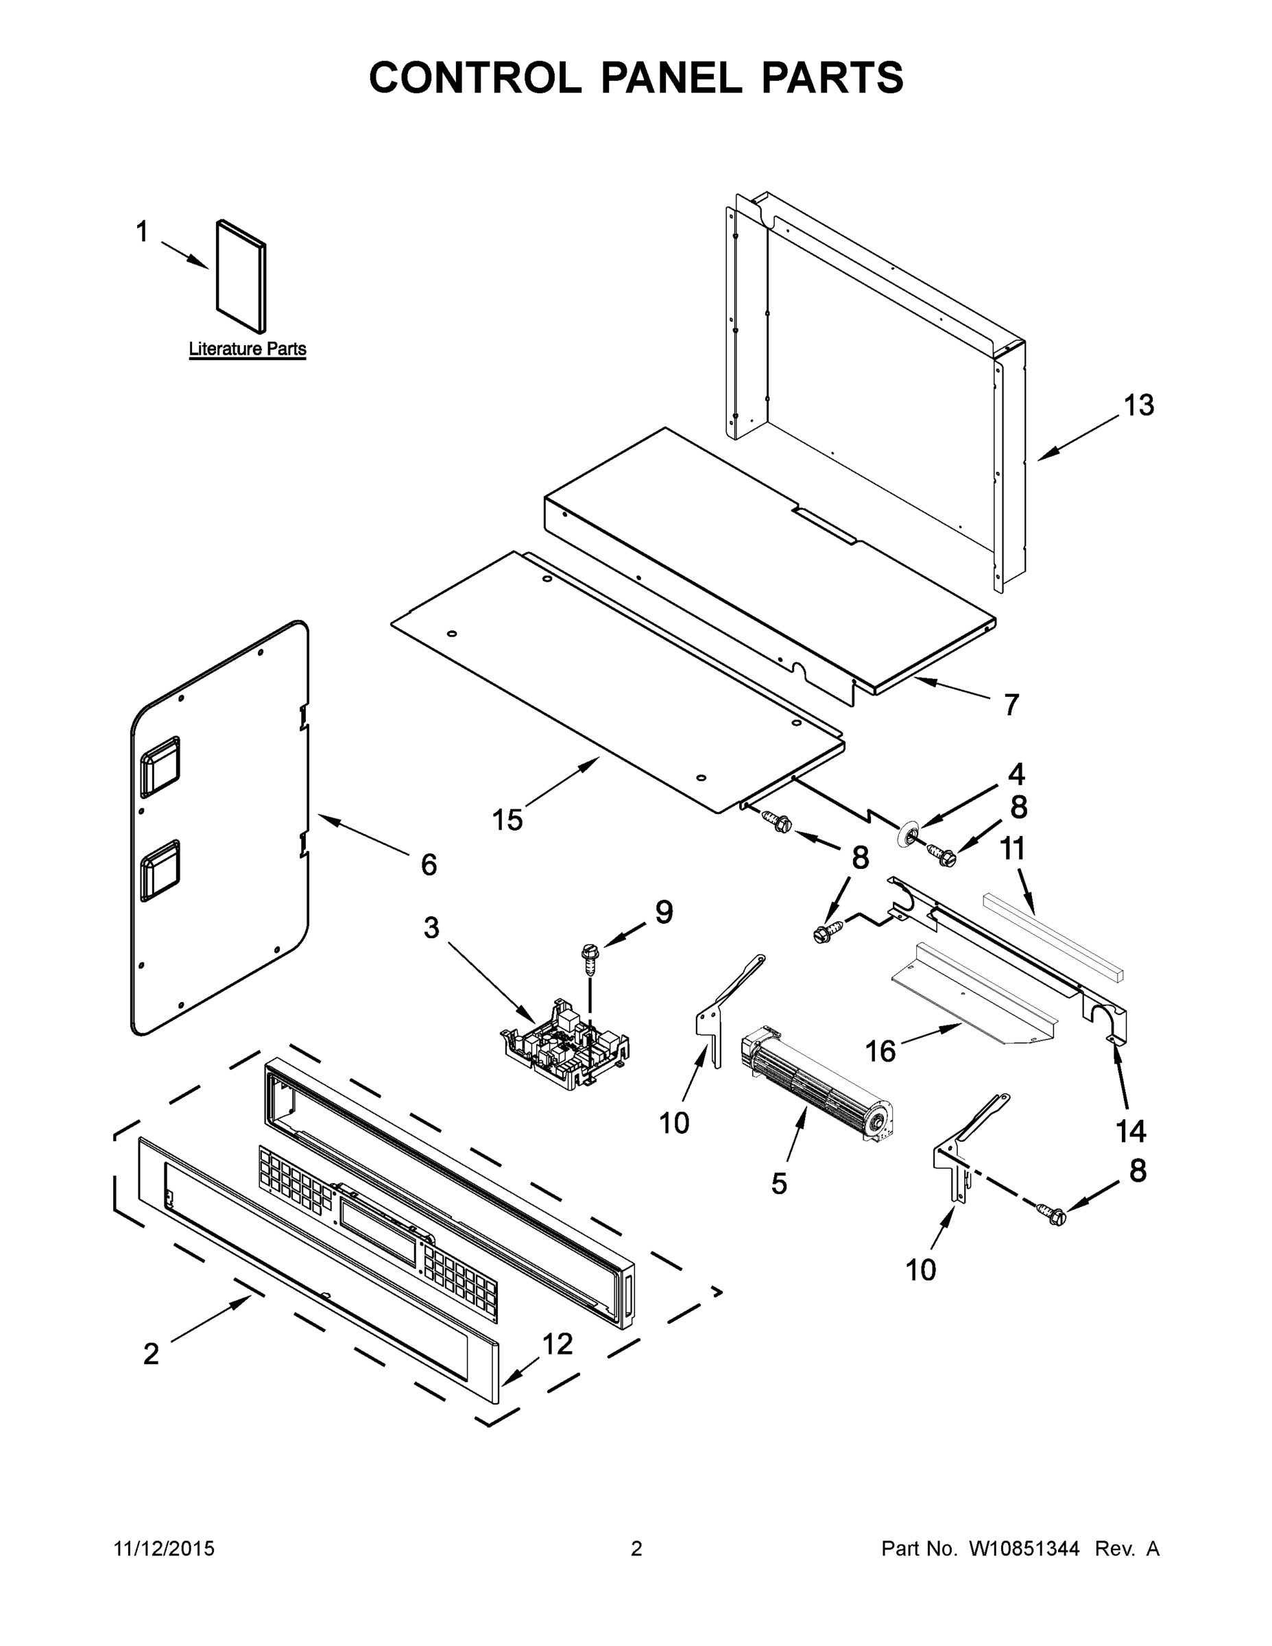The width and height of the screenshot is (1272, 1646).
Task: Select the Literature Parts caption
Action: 247,349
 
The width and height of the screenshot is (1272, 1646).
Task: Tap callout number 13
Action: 1138,405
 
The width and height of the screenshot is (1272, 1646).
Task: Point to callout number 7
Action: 1011,704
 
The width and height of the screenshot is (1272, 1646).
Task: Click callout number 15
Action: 507,820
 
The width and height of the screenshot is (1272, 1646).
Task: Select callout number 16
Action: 880,1050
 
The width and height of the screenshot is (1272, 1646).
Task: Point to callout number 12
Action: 557,1342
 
